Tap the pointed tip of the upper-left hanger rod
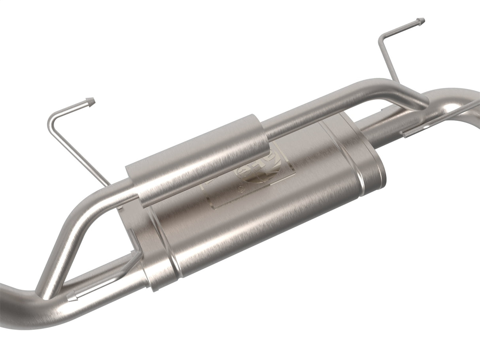click(x=92, y=101)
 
